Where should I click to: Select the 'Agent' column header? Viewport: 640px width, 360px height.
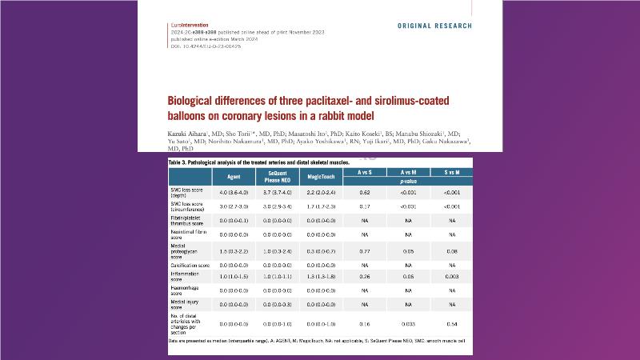point(212,175)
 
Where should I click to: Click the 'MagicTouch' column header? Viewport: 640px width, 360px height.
point(318,175)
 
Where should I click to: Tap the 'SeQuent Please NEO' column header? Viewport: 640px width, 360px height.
point(264,175)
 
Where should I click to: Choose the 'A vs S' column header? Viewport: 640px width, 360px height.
point(364,171)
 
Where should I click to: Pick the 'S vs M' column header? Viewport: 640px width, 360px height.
point(452,171)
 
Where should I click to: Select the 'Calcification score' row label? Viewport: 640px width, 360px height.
point(186,264)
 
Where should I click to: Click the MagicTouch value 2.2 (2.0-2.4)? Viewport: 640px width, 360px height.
point(318,192)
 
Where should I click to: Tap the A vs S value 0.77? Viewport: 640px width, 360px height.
point(364,250)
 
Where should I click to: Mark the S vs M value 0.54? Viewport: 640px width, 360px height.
point(452,326)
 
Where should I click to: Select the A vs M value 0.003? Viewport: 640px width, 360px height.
point(408,326)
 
